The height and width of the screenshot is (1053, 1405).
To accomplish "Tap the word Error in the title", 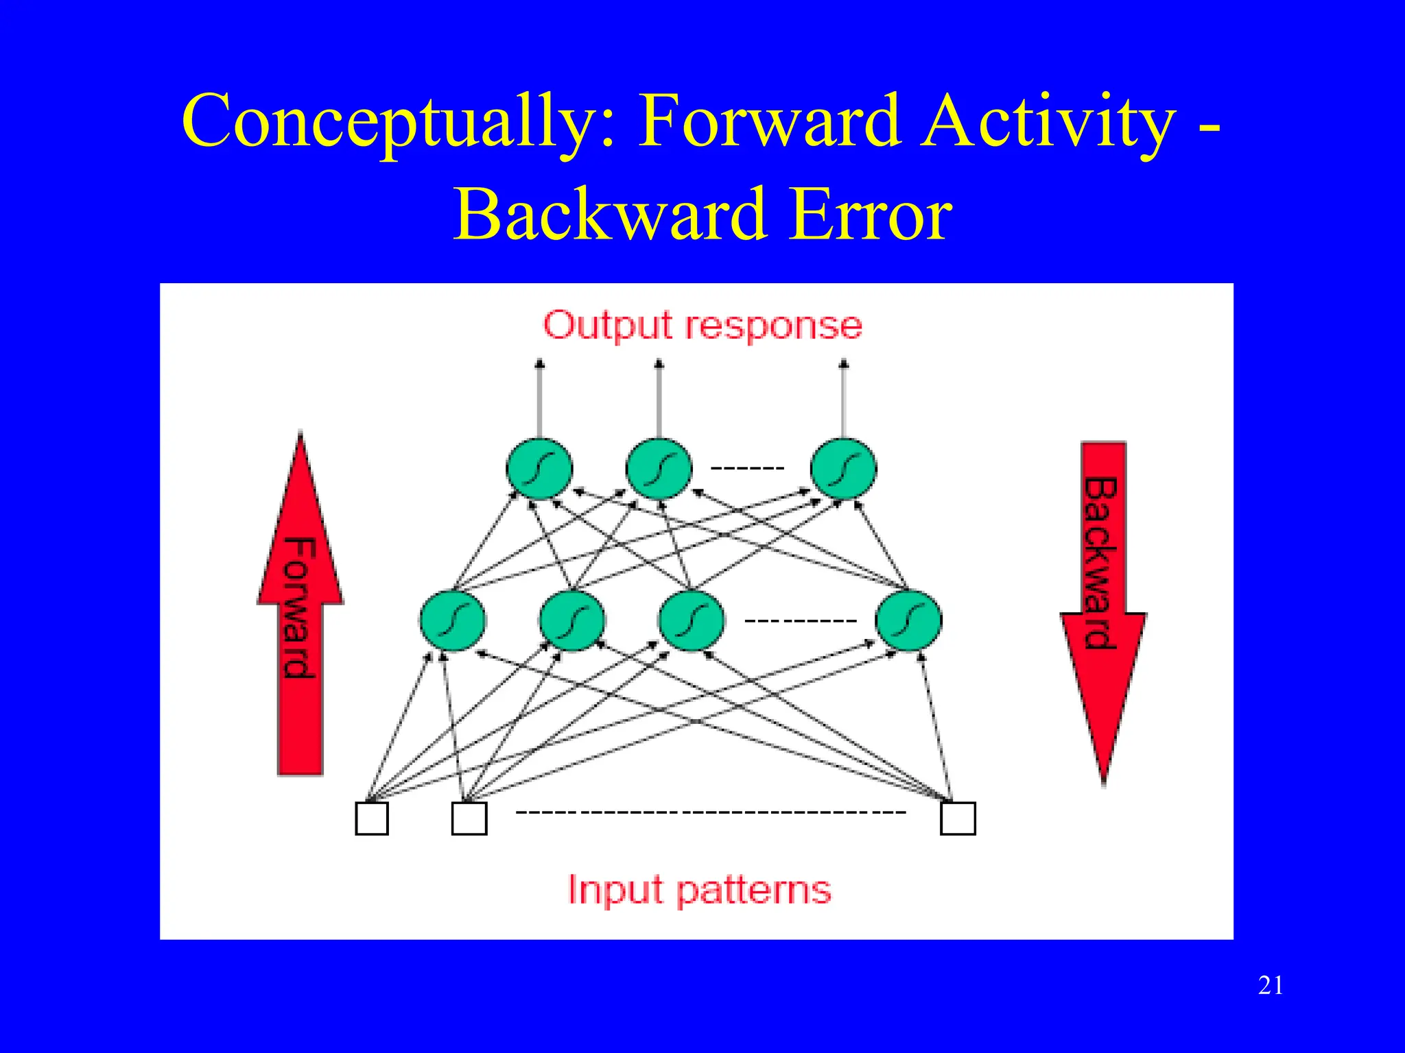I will [x=870, y=215].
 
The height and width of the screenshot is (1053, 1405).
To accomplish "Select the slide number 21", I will [x=1271, y=985].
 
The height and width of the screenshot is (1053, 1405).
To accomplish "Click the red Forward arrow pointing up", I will [x=300, y=617].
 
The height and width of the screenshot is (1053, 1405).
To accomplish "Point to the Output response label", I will [x=702, y=325].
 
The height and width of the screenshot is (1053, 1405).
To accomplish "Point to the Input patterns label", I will [x=699, y=890].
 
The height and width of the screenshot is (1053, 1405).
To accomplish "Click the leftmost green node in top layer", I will [x=539, y=469].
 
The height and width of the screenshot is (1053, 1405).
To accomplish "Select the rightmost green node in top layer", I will [x=843, y=469].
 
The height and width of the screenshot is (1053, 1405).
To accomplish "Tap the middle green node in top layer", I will [x=659, y=469].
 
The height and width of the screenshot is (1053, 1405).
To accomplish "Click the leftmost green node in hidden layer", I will [x=453, y=620].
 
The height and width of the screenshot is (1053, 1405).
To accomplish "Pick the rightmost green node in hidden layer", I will [x=908, y=620].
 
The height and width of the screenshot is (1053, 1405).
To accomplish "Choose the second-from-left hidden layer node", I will [x=572, y=620].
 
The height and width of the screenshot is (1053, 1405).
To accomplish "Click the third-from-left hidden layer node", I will [x=692, y=620].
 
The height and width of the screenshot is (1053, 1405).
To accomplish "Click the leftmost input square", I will [x=372, y=818].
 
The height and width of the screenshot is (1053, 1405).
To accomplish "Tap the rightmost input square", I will [x=958, y=818].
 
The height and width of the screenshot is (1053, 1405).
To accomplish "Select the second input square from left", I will [x=469, y=818].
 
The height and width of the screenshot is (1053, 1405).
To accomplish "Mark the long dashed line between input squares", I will [x=711, y=812].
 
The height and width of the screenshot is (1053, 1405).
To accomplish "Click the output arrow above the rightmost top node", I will [x=844, y=398].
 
